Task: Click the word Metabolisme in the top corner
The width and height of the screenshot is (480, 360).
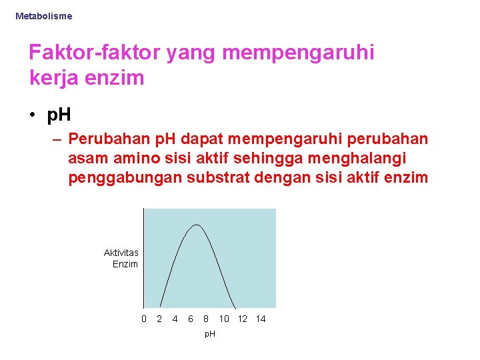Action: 43,15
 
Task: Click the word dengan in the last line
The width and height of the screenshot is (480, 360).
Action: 282,178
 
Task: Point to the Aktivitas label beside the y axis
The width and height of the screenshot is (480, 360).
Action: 121,253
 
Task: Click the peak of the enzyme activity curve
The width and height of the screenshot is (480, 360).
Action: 195,225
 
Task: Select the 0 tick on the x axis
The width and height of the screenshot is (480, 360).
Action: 144,319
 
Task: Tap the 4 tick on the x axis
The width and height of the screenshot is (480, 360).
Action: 175,319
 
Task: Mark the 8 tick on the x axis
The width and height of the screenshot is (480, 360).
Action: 206,319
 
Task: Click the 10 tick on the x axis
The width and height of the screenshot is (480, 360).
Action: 224,319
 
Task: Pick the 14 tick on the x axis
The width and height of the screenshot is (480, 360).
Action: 261,319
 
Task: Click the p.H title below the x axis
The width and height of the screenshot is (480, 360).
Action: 209,333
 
